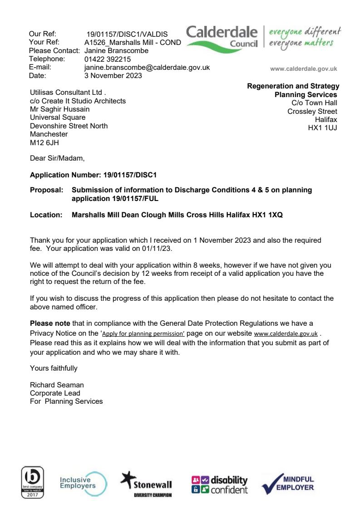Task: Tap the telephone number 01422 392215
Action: pos(108,59)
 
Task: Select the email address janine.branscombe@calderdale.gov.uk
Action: pos(147,67)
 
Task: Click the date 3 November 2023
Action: pos(113,75)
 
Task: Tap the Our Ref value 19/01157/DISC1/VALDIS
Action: pos(127,34)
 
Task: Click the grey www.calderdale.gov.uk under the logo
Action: pos(303,69)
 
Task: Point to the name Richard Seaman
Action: pos(57,385)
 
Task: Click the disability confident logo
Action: pos(220,484)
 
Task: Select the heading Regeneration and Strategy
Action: pos(293,86)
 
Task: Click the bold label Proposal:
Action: pos(46,190)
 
